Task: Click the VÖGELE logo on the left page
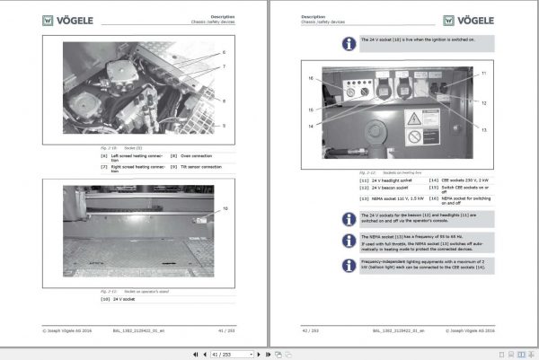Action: click(66, 19)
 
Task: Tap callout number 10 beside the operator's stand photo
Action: click(225, 208)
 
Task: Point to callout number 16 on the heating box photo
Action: click(311, 79)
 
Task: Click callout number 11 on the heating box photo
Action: click(483, 72)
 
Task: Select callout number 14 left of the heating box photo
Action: click(311, 126)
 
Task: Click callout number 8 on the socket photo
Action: click(224, 101)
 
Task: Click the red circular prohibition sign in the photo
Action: click(414, 137)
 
